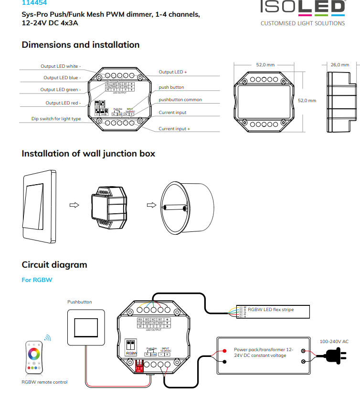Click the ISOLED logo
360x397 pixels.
click(x=302, y=7)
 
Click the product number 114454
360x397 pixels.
click(x=34, y=2)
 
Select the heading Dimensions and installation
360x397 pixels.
click(x=81, y=45)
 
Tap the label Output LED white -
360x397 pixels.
click(x=61, y=66)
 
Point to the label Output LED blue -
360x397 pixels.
click(x=62, y=77)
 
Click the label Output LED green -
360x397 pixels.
click(x=61, y=89)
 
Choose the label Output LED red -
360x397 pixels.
click(x=63, y=103)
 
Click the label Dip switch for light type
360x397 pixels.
click(x=56, y=118)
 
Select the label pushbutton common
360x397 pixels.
click(x=180, y=100)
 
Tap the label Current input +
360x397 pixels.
click(x=174, y=129)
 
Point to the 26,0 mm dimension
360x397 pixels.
click(x=339, y=64)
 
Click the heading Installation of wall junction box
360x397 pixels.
click(x=88, y=154)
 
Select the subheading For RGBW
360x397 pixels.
click(x=37, y=280)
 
